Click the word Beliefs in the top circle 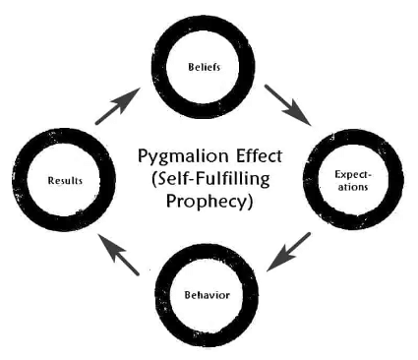tap(206, 69)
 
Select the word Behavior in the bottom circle tap(207, 294)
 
